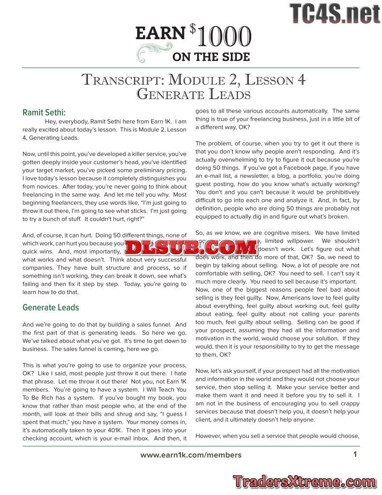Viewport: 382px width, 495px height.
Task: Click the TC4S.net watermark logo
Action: [x=335, y=13]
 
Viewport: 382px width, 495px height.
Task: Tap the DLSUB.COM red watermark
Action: [x=191, y=247]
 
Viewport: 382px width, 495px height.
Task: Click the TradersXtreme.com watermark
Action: [x=305, y=481]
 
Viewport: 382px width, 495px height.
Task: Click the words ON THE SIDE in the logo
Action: [x=211, y=57]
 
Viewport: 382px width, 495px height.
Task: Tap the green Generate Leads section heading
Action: [x=51, y=307]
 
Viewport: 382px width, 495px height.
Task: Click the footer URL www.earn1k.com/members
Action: [x=191, y=455]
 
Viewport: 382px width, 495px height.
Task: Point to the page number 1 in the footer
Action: [x=355, y=454]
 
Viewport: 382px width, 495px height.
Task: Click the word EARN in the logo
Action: [x=160, y=33]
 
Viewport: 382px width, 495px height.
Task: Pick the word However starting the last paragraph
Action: [x=209, y=436]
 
